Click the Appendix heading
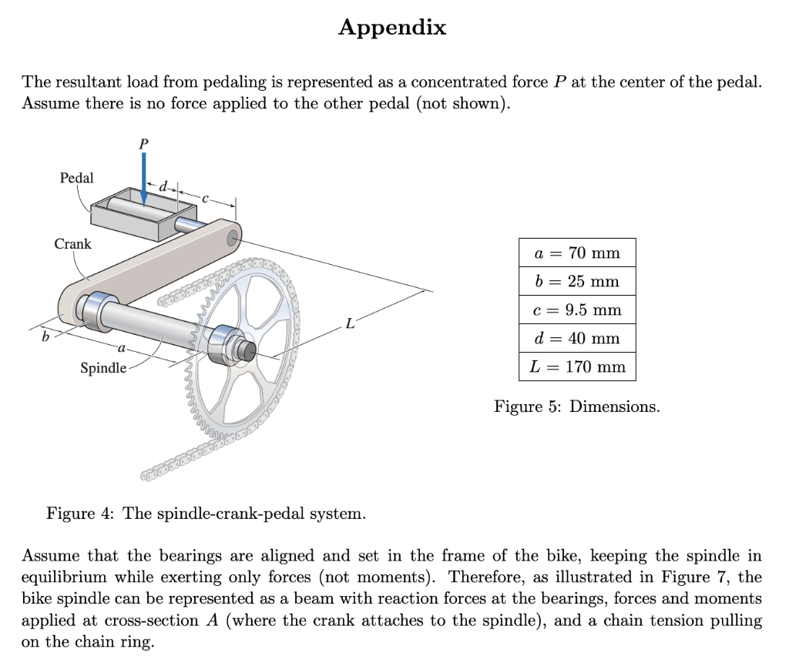(392, 28)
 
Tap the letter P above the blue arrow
(143, 143)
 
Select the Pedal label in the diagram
(76, 178)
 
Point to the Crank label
(72, 244)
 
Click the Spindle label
(103, 368)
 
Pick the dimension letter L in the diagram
(350, 324)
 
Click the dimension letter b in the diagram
(45, 336)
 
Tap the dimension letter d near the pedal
(163, 186)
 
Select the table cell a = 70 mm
(576, 253)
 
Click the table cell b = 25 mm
(576, 281)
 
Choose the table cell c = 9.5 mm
(576, 310)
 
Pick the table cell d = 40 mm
(576, 338)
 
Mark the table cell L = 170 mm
(576, 366)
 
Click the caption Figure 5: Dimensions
(576, 407)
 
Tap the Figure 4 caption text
(206, 513)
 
